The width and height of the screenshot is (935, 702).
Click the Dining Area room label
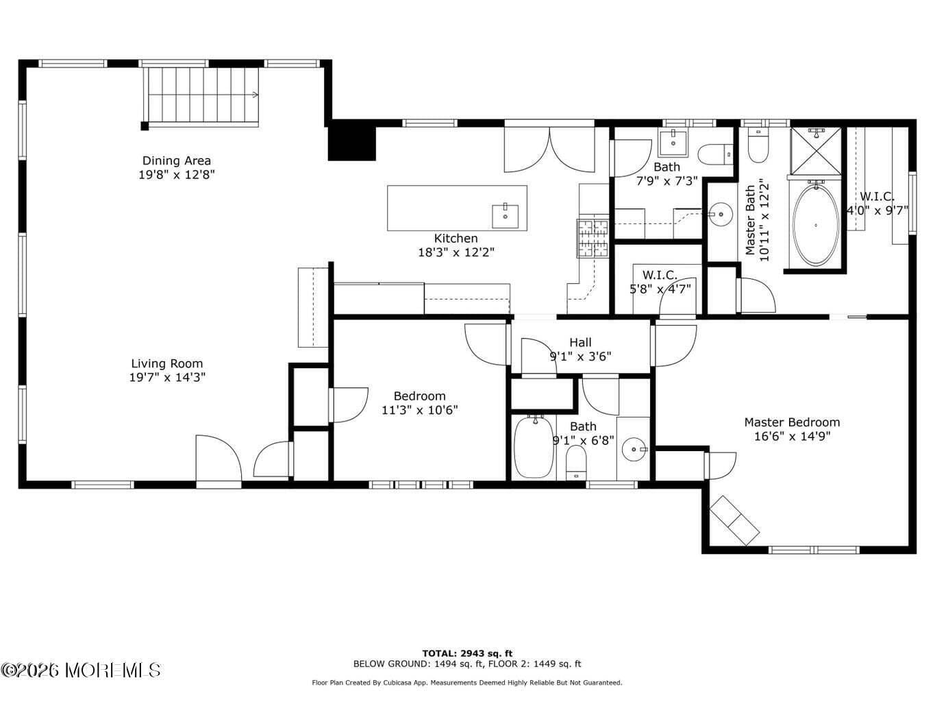click(x=177, y=161)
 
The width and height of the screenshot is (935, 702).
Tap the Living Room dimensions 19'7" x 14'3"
click(x=167, y=377)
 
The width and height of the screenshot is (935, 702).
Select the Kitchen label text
click(x=456, y=239)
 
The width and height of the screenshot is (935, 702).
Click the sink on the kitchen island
click(x=506, y=216)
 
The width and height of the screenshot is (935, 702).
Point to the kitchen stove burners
click(x=593, y=239)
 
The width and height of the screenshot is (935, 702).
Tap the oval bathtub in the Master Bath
click(x=815, y=224)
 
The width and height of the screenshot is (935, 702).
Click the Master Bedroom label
click(x=792, y=422)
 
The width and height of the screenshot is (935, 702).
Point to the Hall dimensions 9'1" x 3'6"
click(x=580, y=356)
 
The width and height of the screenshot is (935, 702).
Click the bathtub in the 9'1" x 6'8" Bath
click(x=534, y=447)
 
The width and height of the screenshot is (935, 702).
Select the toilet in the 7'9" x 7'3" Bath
click(x=714, y=154)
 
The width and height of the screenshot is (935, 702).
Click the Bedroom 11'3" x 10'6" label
click(x=419, y=396)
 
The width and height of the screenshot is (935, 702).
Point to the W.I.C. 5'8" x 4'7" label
click(x=660, y=276)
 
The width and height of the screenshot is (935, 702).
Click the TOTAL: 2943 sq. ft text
click(x=467, y=653)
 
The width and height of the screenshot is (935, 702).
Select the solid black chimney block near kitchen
click(x=352, y=143)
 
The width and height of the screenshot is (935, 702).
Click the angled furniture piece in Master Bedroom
click(x=734, y=520)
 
